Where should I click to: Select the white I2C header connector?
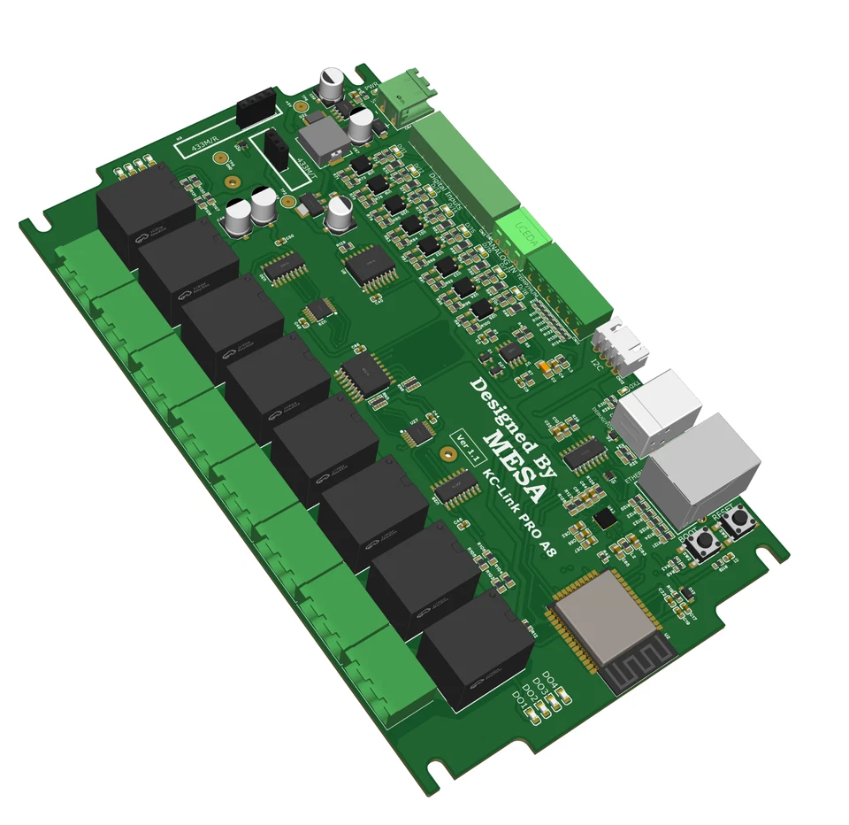point(621,345)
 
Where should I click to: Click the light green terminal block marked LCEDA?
point(524,227)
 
